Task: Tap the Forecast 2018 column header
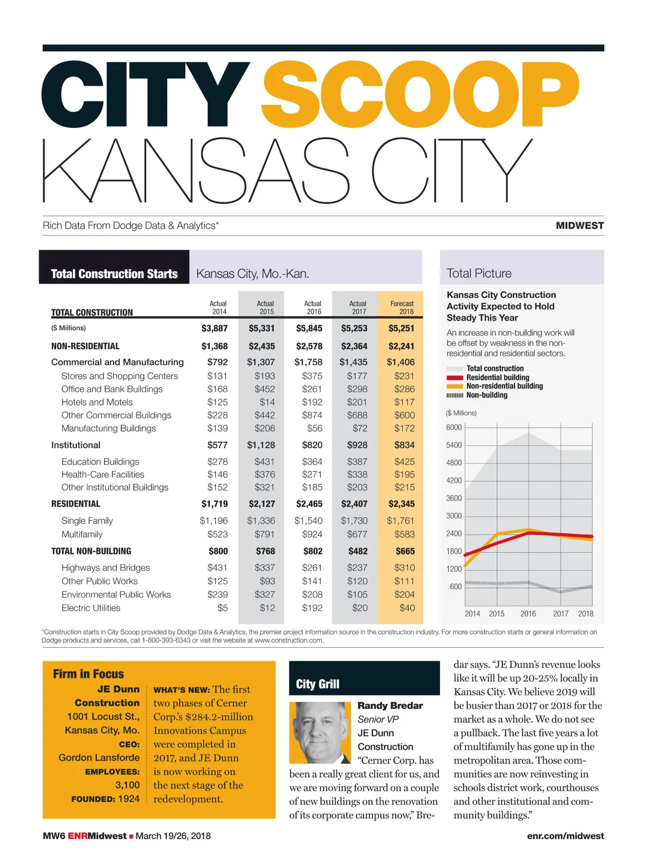402,307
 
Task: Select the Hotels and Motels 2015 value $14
267,402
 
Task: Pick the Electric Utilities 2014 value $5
223,608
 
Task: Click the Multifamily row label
82,534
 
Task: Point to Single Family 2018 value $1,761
400,520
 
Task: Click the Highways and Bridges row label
106,567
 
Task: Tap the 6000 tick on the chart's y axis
454,428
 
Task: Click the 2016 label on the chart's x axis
528,613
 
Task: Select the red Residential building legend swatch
455,378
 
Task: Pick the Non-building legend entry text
487,395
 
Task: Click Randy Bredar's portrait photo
320,732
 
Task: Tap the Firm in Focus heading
88,674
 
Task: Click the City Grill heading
318,684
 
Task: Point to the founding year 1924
128,799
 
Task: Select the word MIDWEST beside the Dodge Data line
580,225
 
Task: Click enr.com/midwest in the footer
565,836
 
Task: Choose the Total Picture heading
479,273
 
